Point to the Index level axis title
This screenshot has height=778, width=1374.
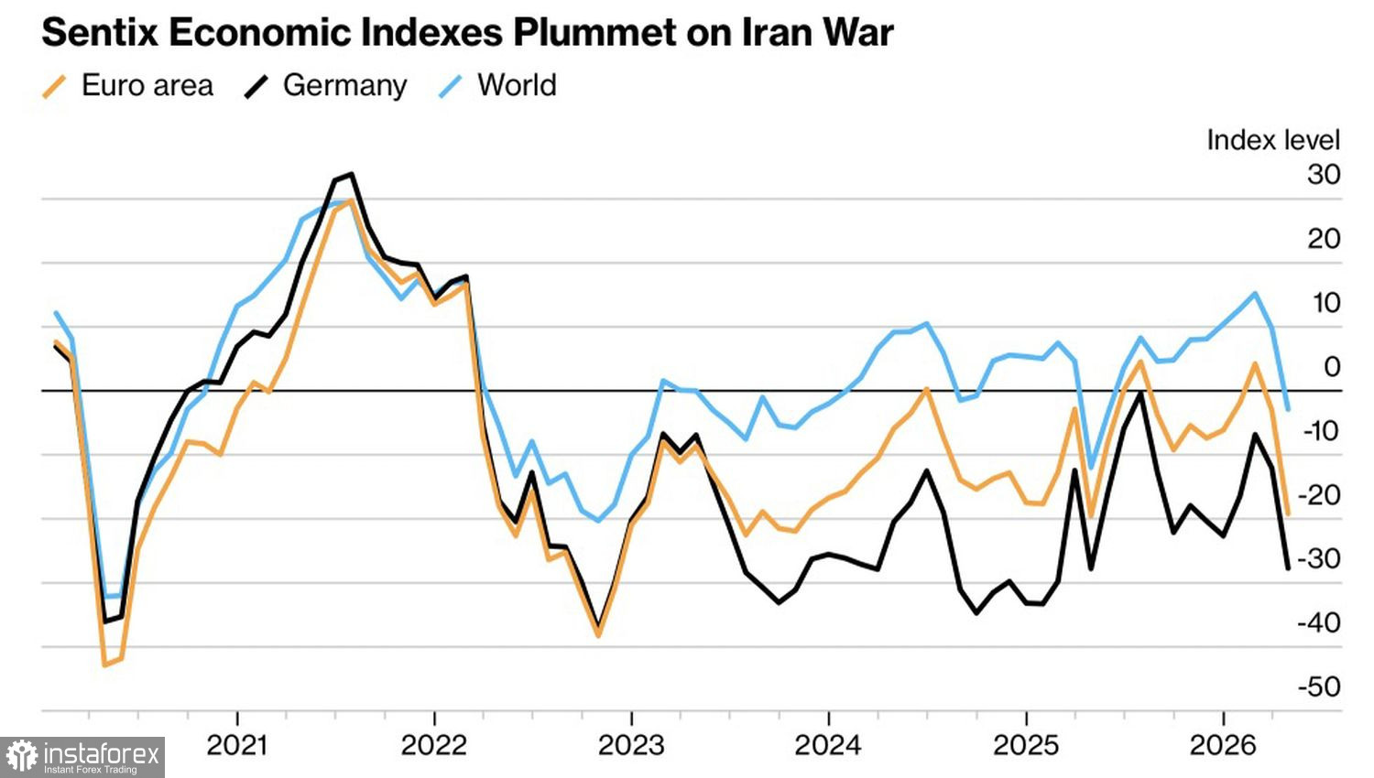pyautogui.click(x=1272, y=140)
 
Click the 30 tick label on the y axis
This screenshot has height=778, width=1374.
pyautogui.click(x=1324, y=174)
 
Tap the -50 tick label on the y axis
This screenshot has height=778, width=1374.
pyautogui.click(x=1319, y=686)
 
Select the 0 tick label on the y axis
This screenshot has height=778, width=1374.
pyautogui.click(x=1331, y=366)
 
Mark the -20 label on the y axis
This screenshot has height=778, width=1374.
pyautogui.click(x=1319, y=494)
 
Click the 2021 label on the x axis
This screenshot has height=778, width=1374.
pyautogui.click(x=237, y=745)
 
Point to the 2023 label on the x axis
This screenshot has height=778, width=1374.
pyautogui.click(x=631, y=745)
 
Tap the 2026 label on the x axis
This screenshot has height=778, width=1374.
pyautogui.click(x=1223, y=745)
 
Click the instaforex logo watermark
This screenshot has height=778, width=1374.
pyautogui.click(x=82, y=757)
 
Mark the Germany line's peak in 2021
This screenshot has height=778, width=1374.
pyautogui.click(x=352, y=174)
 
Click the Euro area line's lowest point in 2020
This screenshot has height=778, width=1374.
pyautogui.click(x=104, y=665)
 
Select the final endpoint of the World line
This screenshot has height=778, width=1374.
pyautogui.click(x=1288, y=409)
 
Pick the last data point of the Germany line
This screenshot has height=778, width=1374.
pyautogui.click(x=1288, y=568)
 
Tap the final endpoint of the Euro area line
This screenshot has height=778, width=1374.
pyautogui.click(x=1288, y=513)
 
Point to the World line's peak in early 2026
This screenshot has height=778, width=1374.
pyautogui.click(x=1255, y=294)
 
